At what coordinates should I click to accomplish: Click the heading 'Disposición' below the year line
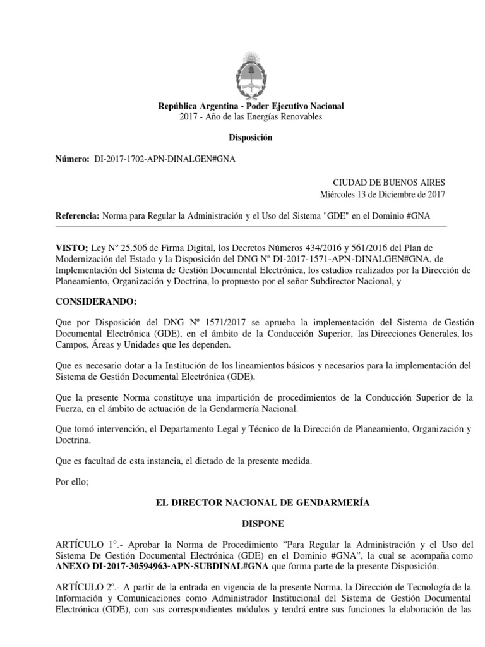(251, 138)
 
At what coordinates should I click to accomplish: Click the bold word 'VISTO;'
(71, 248)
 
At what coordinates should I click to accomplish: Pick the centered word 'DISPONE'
(251, 524)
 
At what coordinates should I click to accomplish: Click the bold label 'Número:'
(73, 160)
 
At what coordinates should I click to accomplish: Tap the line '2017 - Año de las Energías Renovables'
(251, 117)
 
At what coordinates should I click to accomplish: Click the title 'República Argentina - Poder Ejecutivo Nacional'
(251, 106)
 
